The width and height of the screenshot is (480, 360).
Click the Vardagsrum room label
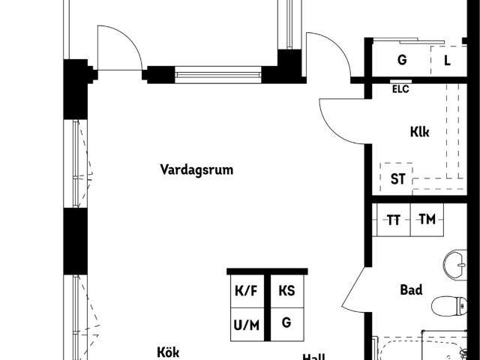coord(196,169)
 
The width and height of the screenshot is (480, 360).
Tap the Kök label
coord(169,352)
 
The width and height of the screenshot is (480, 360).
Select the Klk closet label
coord(419,132)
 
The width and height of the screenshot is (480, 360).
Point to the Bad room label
coord(411,289)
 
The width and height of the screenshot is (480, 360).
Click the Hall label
coord(313,357)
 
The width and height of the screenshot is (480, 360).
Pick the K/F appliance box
coord(247,291)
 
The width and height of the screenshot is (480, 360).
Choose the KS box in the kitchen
coord(286,291)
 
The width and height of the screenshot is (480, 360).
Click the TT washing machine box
coord(393,220)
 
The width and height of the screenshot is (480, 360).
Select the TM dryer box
coord(427,220)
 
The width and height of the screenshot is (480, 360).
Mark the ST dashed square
coord(397,179)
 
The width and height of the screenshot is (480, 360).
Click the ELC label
coord(400,88)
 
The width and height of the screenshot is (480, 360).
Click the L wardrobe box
coord(447,60)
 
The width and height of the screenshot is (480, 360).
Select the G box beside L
coord(402,60)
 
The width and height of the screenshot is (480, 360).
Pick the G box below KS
coord(286,323)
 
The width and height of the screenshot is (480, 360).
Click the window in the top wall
coord(219,74)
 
